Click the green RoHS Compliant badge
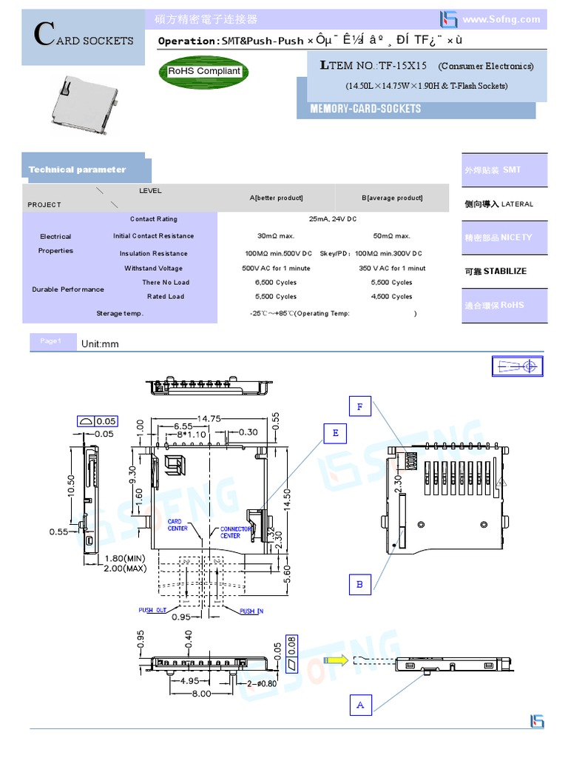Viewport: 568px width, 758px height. [203, 71]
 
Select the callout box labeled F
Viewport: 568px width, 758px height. [359, 406]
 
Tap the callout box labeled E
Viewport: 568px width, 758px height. [335, 433]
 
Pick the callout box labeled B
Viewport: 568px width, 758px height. [359, 584]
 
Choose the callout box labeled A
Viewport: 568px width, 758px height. [360, 705]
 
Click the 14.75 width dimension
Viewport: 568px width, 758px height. [209, 418]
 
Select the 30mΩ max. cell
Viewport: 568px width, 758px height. [276, 236]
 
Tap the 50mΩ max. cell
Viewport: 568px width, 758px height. [391, 236]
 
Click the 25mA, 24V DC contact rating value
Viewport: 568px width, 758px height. [332, 219]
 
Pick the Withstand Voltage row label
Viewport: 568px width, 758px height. [153, 268]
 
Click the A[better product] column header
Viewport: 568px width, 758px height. [276, 198]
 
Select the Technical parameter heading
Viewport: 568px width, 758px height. [77, 170]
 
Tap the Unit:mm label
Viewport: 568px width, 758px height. [100, 344]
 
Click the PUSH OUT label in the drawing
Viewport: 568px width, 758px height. [152, 610]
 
